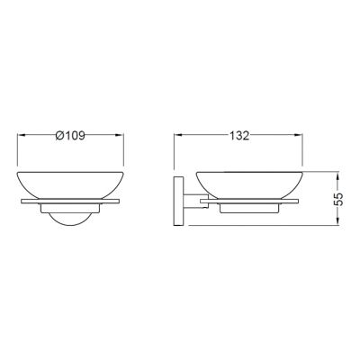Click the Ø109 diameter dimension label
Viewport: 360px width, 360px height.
point(70,136)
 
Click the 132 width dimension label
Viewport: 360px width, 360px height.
point(239,136)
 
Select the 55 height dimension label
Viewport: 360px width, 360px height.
point(338,199)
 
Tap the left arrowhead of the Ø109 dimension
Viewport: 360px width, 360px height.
point(22,135)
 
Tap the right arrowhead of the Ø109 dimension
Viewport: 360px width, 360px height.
point(120,135)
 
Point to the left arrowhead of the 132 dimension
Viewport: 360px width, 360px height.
point(178,135)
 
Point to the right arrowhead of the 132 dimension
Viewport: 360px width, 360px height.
point(298,135)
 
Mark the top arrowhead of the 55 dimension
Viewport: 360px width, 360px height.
point(338,176)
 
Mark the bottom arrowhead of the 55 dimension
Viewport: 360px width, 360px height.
point(338,221)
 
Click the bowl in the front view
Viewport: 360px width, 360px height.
point(70,185)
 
